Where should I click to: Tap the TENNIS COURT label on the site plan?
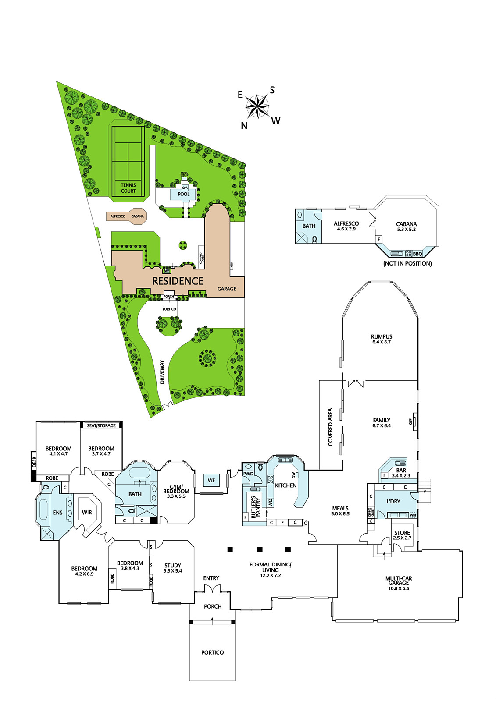(x=128, y=188)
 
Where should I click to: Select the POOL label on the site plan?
(x=184, y=194)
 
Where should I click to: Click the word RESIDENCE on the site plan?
(x=178, y=281)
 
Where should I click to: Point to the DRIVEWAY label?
(x=162, y=372)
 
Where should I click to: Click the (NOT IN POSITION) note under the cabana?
(x=407, y=263)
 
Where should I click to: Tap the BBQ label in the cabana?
(x=417, y=254)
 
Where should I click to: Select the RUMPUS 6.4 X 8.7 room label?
(x=381, y=339)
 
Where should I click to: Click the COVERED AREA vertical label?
(x=330, y=427)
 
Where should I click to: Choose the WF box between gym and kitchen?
(x=211, y=480)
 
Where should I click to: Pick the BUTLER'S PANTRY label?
(x=256, y=507)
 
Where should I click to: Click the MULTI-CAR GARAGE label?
(x=399, y=583)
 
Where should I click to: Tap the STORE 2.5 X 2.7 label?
(x=402, y=535)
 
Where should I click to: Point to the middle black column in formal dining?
(x=260, y=549)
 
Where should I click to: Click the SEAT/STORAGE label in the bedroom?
(x=101, y=425)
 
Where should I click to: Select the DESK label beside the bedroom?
(x=34, y=462)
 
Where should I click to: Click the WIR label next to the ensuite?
(x=87, y=512)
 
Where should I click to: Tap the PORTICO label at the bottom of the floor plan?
(x=212, y=652)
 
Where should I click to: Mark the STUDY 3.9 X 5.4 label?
(x=173, y=568)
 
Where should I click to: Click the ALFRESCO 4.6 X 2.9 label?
(x=346, y=226)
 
